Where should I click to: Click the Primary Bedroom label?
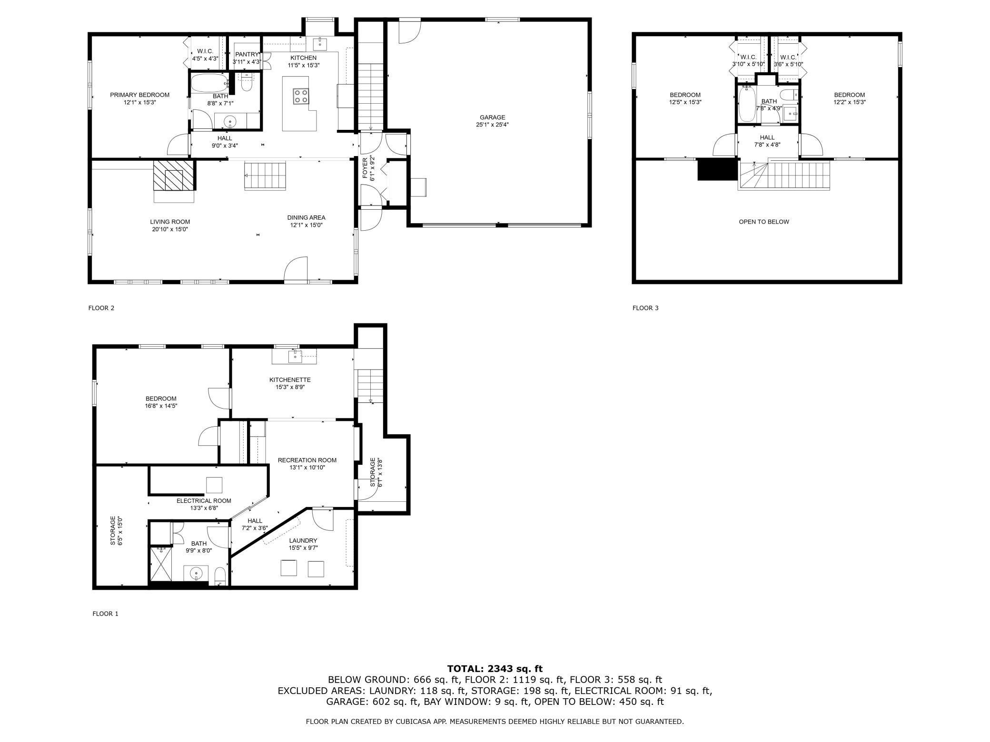pos(139,95)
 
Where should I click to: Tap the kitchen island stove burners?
pos(301,97)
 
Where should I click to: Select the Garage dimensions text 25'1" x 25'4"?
pos(492,125)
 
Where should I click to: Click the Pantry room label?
pos(247,54)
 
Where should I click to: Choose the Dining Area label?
pos(306,217)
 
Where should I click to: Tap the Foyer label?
pos(365,175)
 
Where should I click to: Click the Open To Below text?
pos(763,222)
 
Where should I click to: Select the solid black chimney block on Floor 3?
pos(717,169)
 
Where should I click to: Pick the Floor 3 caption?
pos(645,308)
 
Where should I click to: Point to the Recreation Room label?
pos(307,460)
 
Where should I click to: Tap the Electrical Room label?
pos(204,500)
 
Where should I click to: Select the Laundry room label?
pos(303,540)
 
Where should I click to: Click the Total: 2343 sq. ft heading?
pos(495,669)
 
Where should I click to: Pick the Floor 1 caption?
pos(105,614)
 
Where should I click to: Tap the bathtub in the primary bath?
pos(209,84)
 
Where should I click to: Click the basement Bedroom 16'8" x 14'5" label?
pos(161,399)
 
